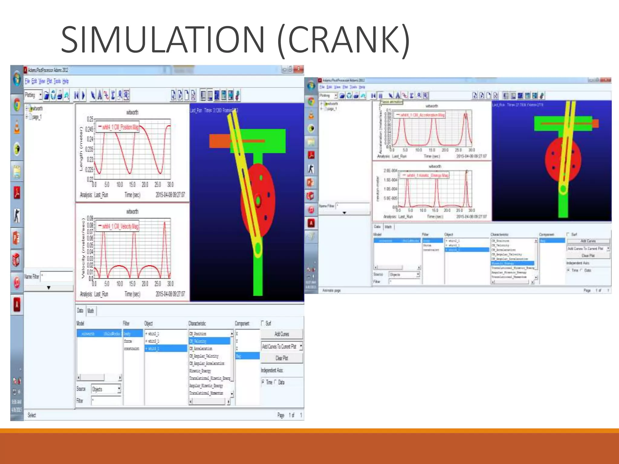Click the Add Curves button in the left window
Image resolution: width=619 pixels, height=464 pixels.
tap(281, 334)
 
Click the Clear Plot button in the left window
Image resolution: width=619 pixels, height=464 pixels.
tap(281, 358)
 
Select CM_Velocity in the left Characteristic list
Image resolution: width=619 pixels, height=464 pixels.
tap(209, 341)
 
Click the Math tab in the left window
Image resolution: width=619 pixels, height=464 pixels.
tap(91, 311)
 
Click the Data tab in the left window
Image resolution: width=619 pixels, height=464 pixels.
tap(80, 311)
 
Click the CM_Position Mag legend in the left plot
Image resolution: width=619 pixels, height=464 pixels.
tap(118, 127)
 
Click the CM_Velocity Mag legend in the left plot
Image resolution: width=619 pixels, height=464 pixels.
tap(118, 226)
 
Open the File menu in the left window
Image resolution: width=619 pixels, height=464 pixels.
tap(27, 81)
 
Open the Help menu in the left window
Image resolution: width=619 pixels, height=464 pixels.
tap(66, 81)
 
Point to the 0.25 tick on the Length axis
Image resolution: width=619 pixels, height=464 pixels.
tap(90, 119)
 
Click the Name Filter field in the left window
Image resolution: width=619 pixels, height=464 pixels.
tap(56, 276)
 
